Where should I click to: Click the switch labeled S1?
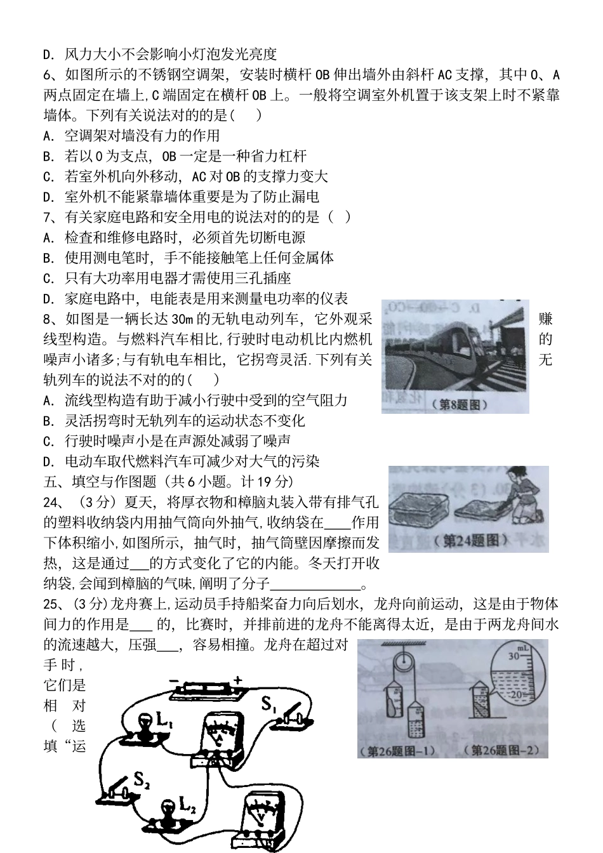point(286,711)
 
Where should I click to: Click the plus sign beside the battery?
point(237,680)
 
